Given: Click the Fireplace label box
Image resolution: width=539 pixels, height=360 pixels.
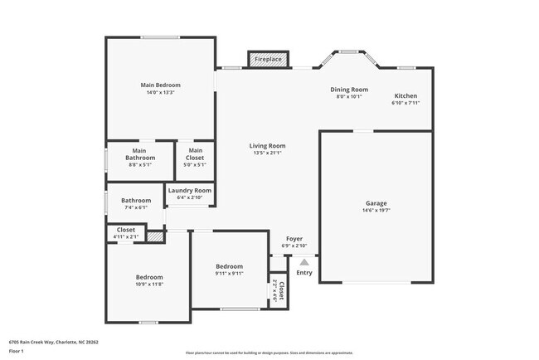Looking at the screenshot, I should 268,60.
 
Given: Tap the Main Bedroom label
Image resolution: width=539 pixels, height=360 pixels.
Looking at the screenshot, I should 160,85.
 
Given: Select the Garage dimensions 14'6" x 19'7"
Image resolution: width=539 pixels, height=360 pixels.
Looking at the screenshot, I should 376,212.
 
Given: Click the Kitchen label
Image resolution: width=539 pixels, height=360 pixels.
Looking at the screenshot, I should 406,95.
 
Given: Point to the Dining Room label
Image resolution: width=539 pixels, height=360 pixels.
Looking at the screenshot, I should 349,90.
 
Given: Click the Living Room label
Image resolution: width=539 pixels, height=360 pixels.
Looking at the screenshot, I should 267,146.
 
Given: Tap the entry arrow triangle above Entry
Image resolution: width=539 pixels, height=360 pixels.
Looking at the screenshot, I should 303,261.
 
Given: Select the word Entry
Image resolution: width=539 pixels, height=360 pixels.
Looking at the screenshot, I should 304,272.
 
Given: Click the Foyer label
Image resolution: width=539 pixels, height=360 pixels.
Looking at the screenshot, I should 294,238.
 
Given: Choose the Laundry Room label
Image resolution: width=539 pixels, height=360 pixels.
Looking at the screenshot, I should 191,190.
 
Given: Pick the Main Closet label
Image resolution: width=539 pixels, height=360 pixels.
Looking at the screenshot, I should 196,150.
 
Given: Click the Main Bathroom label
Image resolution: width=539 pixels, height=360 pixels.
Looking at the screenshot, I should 140,153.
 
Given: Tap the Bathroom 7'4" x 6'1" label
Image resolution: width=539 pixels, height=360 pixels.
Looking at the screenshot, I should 136,200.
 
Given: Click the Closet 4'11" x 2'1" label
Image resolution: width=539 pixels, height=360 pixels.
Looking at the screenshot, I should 126,230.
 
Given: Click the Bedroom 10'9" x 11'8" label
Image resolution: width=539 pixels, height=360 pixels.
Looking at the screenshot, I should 149,277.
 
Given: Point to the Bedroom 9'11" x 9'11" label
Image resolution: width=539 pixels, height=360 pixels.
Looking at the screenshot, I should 230,266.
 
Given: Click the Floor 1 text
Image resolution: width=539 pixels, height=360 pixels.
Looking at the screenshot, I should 17,351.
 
